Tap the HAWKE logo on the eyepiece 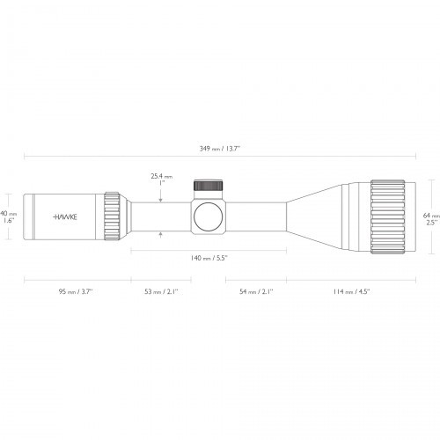click(x=65, y=215)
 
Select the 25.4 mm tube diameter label click(x=161, y=177)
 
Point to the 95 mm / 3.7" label click(x=76, y=290)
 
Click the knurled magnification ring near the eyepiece click(x=113, y=215)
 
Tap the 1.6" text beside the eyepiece click(x=8, y=221)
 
